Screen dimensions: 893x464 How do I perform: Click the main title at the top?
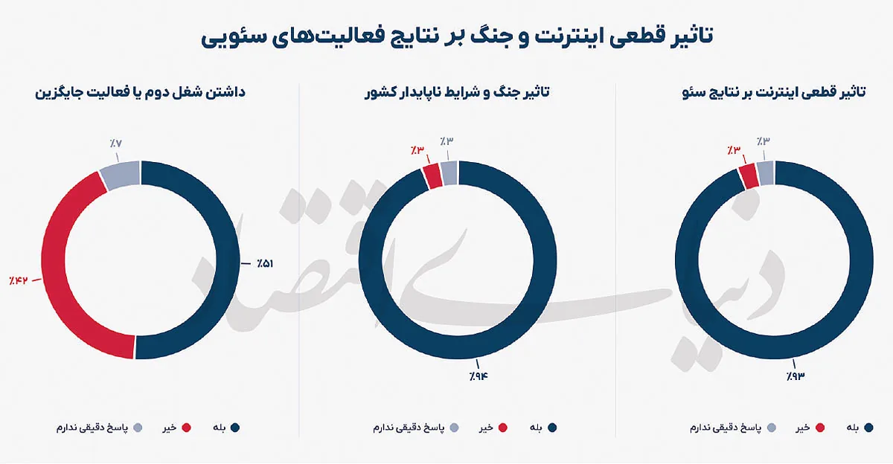pos(456,37)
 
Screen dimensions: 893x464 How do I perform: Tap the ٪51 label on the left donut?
pos(265,264)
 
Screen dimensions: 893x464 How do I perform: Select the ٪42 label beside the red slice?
pos(19,280)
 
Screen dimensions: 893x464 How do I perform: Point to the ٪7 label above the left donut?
pos(115,144)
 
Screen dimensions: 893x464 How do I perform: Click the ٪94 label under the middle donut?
pos(478,376)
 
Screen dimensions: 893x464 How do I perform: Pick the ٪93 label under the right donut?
pos(796,376)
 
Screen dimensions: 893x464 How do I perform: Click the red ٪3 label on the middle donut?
pos(417,150)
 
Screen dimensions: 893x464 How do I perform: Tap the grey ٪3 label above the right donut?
pos(763,141)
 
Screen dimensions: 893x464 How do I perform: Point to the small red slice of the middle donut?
pos(432,176)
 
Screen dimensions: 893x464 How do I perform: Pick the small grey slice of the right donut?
pos(765,173)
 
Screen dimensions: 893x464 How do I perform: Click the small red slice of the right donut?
pos(749,176)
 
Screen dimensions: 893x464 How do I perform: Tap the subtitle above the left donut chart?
pos(141,92)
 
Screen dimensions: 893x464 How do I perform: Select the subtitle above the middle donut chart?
pos(457,92)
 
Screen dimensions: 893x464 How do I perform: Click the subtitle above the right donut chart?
pos(774,92)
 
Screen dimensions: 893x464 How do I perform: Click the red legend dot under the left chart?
pos(186,428)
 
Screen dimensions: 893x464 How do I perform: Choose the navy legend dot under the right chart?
pos(868,428)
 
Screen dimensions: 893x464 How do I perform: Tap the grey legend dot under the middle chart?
pos(454,428)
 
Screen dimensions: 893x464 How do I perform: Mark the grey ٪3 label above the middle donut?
pos(446,141)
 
